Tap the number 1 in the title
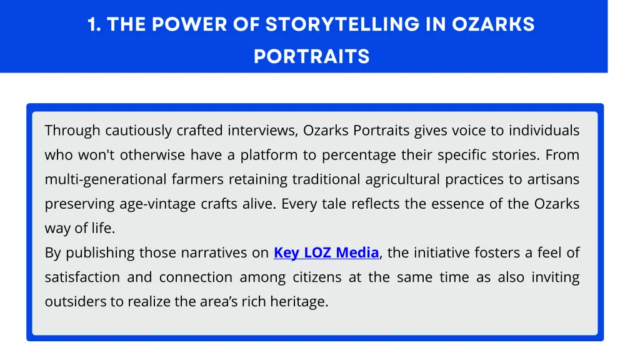click(x=93, y=24)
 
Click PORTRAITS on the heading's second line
click(x=311, y=57)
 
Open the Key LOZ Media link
click(x=326, y=253)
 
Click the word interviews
click(x=262, y=131)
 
